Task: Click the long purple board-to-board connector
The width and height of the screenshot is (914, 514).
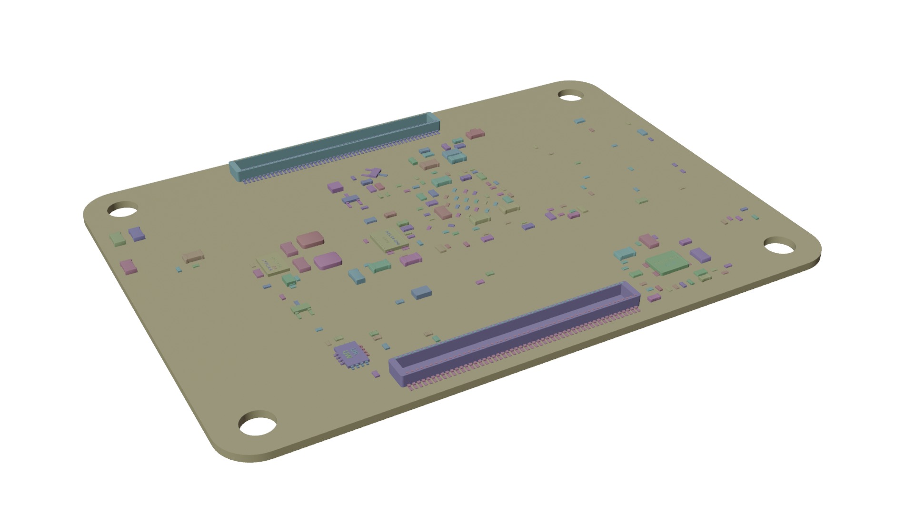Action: (514, 333)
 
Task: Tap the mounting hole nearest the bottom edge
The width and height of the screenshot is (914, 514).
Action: (258, 425)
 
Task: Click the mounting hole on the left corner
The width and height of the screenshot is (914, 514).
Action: (122, 210)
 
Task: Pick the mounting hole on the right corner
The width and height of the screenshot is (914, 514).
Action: (779, 247)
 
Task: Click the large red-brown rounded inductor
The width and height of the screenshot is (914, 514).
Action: (310, 239)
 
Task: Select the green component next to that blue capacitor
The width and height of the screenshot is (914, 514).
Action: (117, 238)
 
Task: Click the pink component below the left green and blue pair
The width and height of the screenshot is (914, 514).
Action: (128, 267)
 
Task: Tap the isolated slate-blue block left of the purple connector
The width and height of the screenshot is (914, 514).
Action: (421, 292)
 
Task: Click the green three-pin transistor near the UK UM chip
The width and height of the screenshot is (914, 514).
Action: (302, 309)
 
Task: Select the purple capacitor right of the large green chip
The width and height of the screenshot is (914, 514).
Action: (700, 255)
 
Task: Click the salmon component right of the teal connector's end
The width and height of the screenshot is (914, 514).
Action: (475, 134)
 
